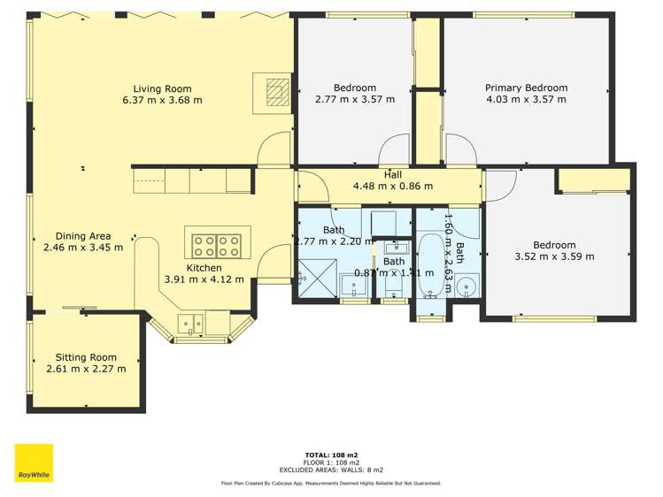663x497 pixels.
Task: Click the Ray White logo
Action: [x=34, y=463]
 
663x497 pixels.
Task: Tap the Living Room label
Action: [x=162, y=88]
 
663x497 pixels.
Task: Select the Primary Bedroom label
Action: [x=526, y=88]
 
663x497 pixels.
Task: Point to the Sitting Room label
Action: [x=86, y=357]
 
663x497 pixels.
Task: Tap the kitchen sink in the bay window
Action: [x=190, y=323]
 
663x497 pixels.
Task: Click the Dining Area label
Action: [x=83, y=236]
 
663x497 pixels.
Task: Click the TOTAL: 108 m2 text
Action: [x=331, y=455]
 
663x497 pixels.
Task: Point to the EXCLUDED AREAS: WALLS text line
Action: [x=331, y=470]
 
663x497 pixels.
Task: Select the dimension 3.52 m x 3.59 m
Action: [x=554, y=256]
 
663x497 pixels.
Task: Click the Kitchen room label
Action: [x=204, y=268]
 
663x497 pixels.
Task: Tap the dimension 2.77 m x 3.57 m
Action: [x=355, y=99]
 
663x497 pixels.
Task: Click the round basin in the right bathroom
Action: [x=468, y=286]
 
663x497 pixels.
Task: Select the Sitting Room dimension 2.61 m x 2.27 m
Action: [x=86, y=369]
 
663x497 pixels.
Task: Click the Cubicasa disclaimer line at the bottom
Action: [x=331, y=484]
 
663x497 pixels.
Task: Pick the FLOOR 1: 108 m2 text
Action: [x=331, y=463]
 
